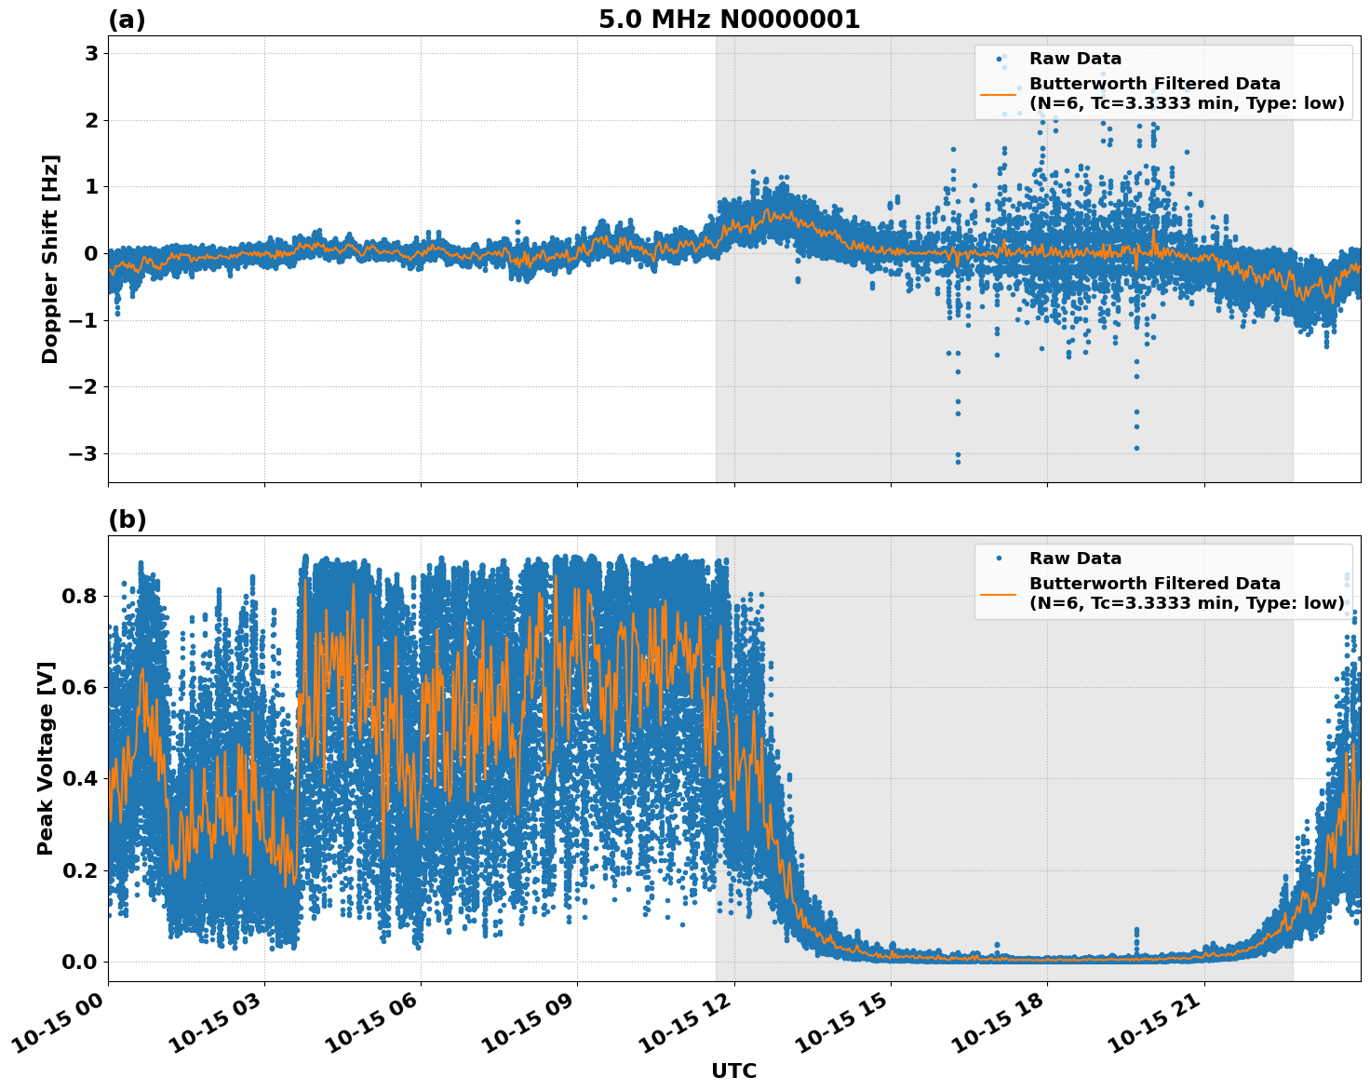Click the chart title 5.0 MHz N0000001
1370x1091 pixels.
(729, 20)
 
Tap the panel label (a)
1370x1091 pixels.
(127, 20)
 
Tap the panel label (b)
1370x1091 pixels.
(128, 519)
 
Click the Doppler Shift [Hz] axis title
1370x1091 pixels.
(50, 259)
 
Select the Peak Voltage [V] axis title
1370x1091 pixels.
(46, 758)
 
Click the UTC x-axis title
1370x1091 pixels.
(733, 1071)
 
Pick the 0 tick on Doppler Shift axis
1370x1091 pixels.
(91, 254)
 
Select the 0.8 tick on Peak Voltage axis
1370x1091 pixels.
(78, 596)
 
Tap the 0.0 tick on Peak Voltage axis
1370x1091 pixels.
(78, 962)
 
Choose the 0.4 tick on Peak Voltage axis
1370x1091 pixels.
(78, 779)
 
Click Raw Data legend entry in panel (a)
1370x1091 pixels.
(1075, 59)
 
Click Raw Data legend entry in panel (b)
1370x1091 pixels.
(1075, 559)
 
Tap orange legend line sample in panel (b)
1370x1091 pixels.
(998, 593)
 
